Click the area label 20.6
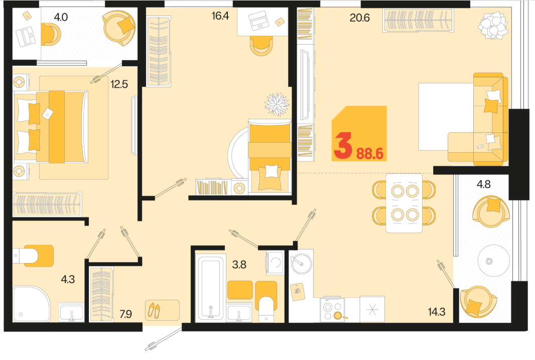tap(360, 18)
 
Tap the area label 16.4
tap(220, 16)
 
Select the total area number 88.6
tap(370, 154)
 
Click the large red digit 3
tap(343, 146)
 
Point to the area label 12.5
tap(119, 84)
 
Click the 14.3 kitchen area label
tap(437, 311)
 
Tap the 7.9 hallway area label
tap(125, 314)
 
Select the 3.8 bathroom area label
tap(239, 265)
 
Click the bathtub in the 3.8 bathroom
tap(210, 287)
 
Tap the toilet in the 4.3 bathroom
tap(34, 256)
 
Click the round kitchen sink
tap(302, 263)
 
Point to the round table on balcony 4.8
tap(489, 262)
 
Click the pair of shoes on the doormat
tap(154, 310)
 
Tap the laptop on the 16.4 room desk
tap(259, 21)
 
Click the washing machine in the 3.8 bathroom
tap(275, 262)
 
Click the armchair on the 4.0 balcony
tap(119, 28)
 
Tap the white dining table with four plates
tap(404, 203)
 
